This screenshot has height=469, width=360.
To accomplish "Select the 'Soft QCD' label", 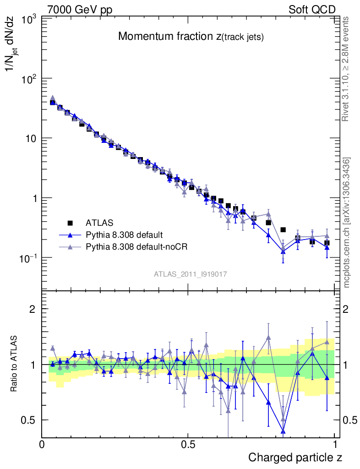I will pyautogui.click(x=312, y=10).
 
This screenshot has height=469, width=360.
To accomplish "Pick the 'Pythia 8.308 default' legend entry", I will pyautogui.click(x=124, y=235).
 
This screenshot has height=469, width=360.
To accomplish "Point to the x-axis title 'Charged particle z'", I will pyautogui.click(x=295, y=457).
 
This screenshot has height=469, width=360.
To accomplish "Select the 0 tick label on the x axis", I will pyautogui.click(x=42, y=445).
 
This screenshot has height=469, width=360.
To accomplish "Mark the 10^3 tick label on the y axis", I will pyautogui.click(x=28, y=20).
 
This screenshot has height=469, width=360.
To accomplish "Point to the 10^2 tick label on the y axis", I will pyautogui.click(x=28, y=79).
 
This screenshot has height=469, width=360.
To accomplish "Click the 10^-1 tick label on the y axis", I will pyautogui.click(x=27, y=258).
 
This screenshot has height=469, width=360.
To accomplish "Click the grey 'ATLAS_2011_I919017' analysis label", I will pyautogui.click(x=191, y=274).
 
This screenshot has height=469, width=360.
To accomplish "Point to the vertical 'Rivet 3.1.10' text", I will pyautogui.click(x=346, y=69).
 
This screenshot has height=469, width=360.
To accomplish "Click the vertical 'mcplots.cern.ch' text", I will pyautogui.click(x=347, y=222).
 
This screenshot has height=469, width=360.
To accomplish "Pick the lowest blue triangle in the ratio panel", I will pyautogui.click(x=283, y=431).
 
